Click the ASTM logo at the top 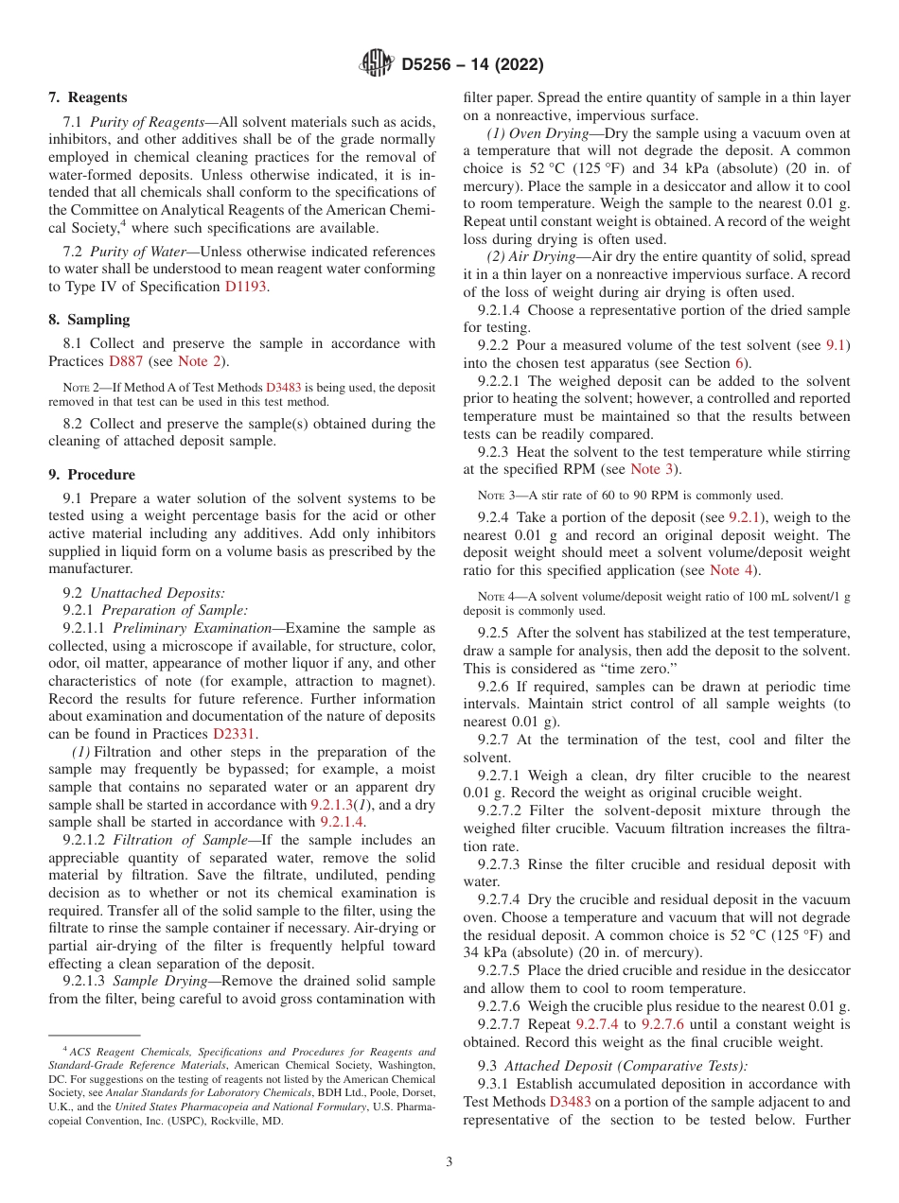(x=378, y=64)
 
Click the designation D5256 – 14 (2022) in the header (x=471, y=65)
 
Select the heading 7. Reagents (x=87, y=97)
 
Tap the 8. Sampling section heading (x=89, y=320)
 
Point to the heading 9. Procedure (x=92, y=475)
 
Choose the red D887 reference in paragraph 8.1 (x=128, y=361)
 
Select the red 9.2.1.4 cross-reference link (x=342, y=822)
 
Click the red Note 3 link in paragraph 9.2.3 (x=653, y=469)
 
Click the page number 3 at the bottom (x=449, y=1161)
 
